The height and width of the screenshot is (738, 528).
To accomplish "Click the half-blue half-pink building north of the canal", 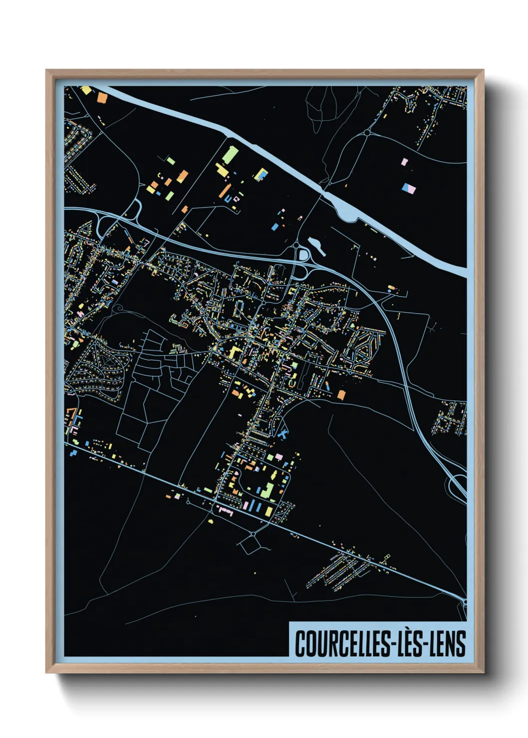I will click(x=408, y=188).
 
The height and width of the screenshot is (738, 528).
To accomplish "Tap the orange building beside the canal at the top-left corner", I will click(x=102, y=97).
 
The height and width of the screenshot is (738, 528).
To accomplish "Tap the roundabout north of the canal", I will click(x=367, y=133).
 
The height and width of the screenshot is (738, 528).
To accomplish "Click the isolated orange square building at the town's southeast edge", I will click(x=341, y=395).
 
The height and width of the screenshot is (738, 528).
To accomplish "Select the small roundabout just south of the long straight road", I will click(x=253, y=535).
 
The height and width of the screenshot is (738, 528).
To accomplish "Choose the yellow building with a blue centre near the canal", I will click(x=262, y=175).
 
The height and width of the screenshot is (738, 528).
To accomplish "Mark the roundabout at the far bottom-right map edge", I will click(x=464, y=602).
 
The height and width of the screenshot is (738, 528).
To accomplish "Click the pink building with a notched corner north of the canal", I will click(x=405, y=162).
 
